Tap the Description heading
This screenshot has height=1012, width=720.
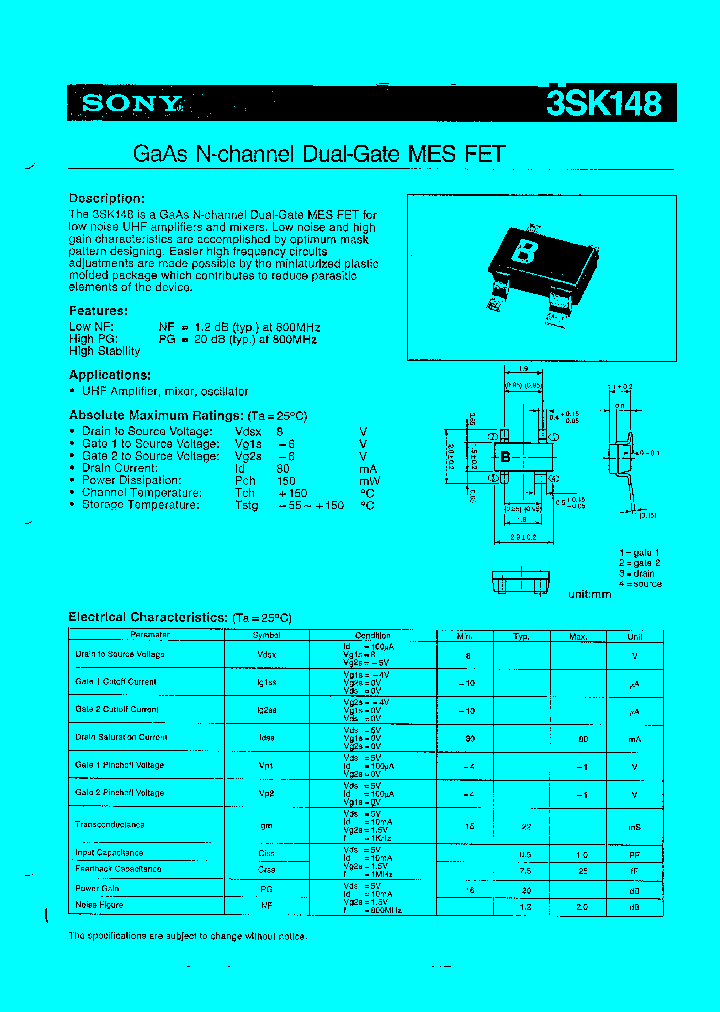pos(106,199)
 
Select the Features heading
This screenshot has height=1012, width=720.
pos(98,311)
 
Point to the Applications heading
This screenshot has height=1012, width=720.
pos(109,375)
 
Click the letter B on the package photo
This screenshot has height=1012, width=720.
pos(523,251)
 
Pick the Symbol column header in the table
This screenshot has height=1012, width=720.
pos(266,635)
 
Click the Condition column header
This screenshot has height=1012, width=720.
pos(372,635)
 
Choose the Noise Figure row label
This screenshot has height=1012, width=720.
pos(99,905)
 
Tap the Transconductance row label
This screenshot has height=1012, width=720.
pos(110,825)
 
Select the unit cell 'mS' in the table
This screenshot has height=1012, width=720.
pos(634,826)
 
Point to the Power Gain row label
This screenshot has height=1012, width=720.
pos(97,887)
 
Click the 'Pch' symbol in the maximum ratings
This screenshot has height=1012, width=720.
pos(245,480)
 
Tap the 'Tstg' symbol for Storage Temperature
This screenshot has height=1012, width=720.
pos(247,505)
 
